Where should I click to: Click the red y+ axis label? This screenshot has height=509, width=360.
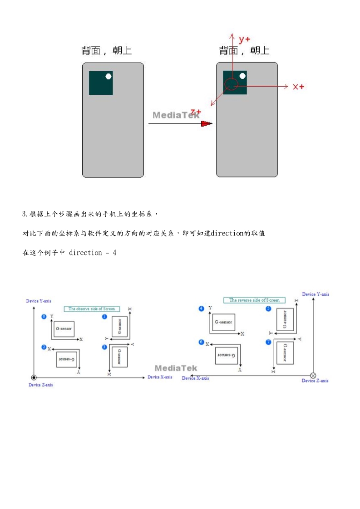246,39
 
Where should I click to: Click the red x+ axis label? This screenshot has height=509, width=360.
298,87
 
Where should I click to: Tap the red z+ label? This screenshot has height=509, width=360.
196,111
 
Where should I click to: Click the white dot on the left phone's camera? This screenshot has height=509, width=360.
108,76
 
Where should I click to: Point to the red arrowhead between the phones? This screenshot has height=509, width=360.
207,123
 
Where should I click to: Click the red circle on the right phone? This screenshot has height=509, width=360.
231,84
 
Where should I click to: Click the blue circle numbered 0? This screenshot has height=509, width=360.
44,316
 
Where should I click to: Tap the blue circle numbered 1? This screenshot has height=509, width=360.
104,316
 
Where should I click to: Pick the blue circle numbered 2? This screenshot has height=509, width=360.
44,347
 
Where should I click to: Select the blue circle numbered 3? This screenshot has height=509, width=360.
104,347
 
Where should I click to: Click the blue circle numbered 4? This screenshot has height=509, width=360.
202,309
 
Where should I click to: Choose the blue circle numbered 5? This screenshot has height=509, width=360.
268,309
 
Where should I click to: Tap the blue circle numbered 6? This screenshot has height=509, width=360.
202,342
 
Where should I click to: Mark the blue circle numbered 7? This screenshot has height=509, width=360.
268,342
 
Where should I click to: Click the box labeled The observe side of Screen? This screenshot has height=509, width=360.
92,309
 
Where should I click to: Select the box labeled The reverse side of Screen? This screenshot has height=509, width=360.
254,300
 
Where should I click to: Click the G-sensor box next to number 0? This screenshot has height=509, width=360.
64,328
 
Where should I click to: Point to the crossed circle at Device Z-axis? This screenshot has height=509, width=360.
313,375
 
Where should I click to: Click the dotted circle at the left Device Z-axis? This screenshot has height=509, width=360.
34,377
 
